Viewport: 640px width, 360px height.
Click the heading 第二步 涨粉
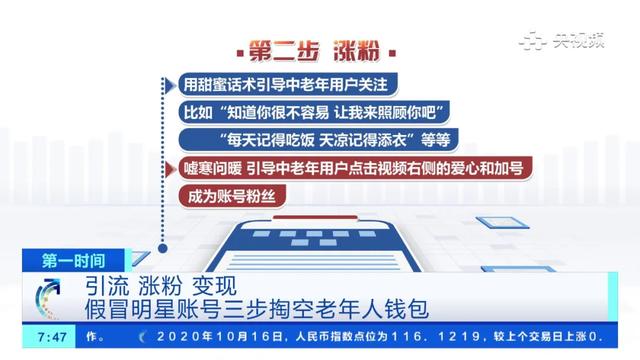pos(319,51)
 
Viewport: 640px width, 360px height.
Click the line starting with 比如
pos(315,109)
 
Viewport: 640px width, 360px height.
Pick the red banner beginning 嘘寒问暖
pos(346,166)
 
